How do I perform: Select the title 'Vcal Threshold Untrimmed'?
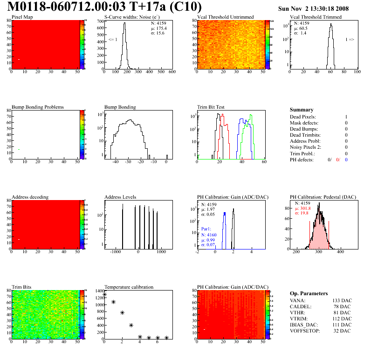point(225,17)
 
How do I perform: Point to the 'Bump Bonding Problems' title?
point(38,107)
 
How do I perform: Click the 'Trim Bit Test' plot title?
point(211,107)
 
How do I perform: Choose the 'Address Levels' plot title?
point(120,197)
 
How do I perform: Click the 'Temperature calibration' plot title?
point(129,287)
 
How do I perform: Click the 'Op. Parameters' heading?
point(307,294)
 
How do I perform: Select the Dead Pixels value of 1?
point(346,117)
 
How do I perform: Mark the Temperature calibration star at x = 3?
point(131,325)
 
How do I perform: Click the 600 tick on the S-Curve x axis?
point(172,72)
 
